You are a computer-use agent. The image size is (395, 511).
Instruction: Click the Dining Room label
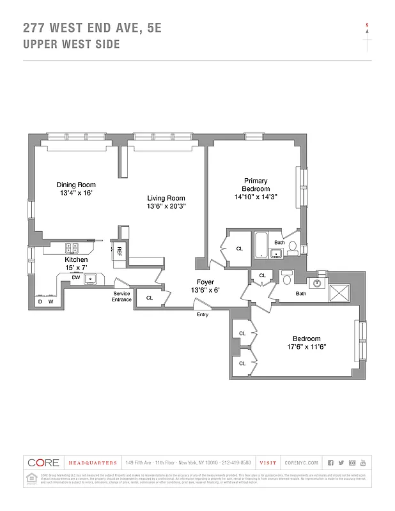pyautogui.click(x=76, y=185)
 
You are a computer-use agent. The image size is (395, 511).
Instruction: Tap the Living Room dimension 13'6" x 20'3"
pyautogui.click(x=166, y=206)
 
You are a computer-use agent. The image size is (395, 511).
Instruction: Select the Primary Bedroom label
pyautogui.click(x=255, y=185)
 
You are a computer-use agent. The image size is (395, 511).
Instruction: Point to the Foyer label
pyautogui.click(x=205, y=282)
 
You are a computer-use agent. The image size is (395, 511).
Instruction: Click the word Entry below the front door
pyautogui.click(x=202, y=314)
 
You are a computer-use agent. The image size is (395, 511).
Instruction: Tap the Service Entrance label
pyautogui.click(x=121, y=297)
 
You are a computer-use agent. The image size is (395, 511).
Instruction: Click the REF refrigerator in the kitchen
pyautogui.click(x=119, y=250)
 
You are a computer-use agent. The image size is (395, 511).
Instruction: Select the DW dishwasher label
pyautogui.click(x=75, y=277)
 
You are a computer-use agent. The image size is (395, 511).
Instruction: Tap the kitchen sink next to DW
pyautogui.click(x=91, y=278)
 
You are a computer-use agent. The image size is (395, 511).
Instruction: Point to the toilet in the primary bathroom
pyautogui.click(x=292, y=248)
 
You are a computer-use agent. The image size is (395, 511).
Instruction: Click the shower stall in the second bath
pyautogui.click(x=339, y=293)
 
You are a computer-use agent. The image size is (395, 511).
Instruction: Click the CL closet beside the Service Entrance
pyautogui.click(x=150, y=298)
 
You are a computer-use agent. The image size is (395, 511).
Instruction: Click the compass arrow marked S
pyautogui.click(x=367, y=29)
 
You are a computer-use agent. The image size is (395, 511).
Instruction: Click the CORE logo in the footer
pyautogui.click(x=43, y=462)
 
